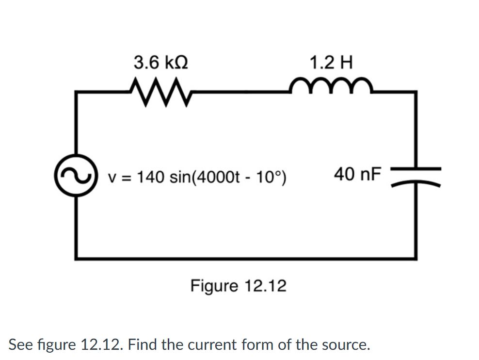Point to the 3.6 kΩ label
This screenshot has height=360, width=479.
(x=161, y=62)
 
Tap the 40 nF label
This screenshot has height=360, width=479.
(x=358, y=173)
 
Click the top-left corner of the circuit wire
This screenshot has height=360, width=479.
(x=76, y=92)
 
